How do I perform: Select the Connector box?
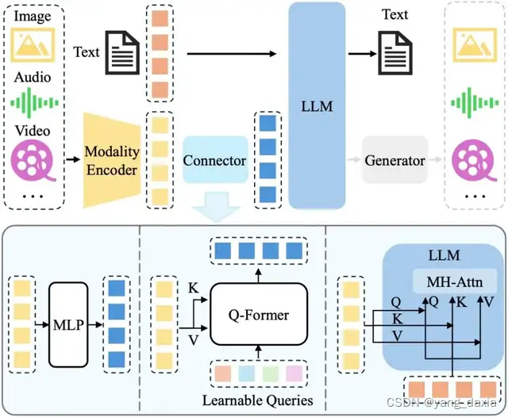point(214,160)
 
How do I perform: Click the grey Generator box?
point(395,160)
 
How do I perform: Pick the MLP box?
point(70,323)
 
